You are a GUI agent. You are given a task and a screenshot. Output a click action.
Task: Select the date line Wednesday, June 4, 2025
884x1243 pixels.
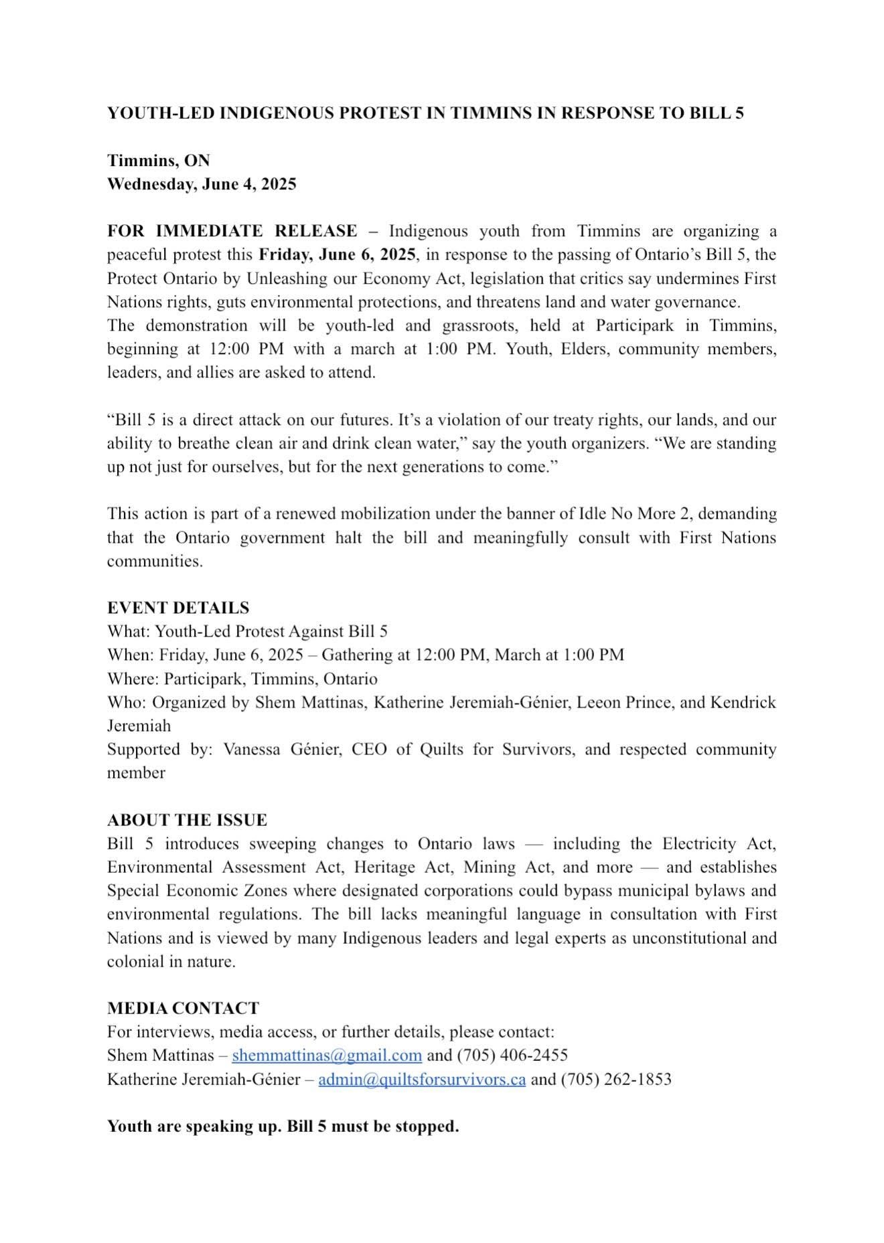[x=202, y=184]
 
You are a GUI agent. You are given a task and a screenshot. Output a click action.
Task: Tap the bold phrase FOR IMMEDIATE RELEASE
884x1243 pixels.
[x=232, y=231]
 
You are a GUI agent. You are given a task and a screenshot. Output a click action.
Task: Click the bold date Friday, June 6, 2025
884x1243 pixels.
[x=337, y=254]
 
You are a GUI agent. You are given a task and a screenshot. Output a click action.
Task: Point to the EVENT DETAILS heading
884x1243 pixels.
[x=178, y=608]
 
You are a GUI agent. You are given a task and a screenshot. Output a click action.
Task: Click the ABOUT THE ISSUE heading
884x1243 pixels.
[x=187, y=820]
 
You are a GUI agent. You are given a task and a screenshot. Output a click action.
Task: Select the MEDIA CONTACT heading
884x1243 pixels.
[x=183, y=1008]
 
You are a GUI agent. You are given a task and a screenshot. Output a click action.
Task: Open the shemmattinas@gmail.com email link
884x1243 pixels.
[x=327, y=1056]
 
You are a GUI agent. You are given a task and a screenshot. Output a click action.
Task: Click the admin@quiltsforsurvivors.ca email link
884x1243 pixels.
[x=422, y=1079]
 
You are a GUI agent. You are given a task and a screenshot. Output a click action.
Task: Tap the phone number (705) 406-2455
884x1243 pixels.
[x=512, y=1056]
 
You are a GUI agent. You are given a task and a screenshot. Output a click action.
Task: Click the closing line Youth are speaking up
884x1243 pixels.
[x=283, y=1127]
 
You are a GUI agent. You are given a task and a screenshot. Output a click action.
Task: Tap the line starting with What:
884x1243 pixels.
[x=247, y=631]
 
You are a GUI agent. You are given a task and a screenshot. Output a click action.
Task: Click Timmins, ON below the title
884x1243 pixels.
[x=159, y=161]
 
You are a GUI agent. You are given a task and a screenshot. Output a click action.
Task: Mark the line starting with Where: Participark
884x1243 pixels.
[x=242, y=679]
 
